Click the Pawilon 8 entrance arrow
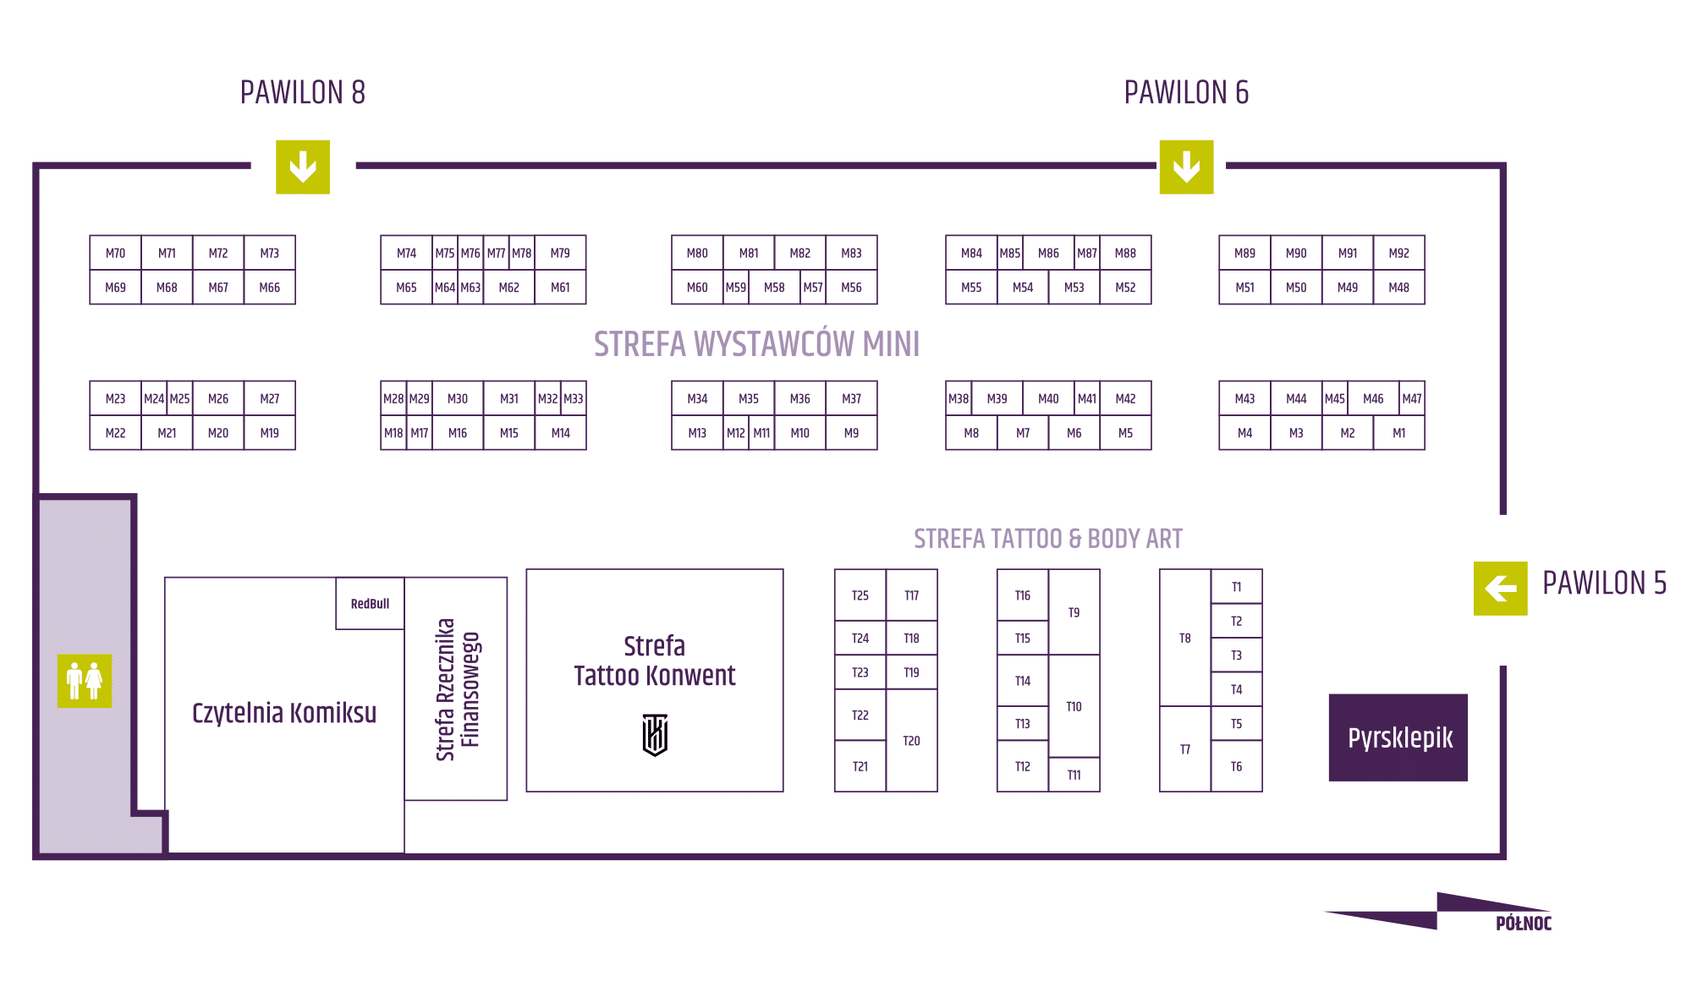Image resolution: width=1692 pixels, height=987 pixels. click(x=302, y=167)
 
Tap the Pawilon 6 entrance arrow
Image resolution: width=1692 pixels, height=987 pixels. click(x=1186, y=167)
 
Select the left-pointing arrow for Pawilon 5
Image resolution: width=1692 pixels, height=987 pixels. click(x=1500, y=588)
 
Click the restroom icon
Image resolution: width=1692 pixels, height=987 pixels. click(x=85, y=681)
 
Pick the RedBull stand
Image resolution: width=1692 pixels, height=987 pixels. click(x=370, y=604)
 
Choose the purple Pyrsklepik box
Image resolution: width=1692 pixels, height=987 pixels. click(x=1398, y=738)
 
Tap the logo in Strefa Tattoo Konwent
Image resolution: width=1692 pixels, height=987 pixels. click(x=655, y=734)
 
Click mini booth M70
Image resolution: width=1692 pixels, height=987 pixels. click(x=115, y=253)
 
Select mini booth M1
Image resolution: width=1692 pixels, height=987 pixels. click(x=1398, y=433)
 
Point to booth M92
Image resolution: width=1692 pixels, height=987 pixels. click(x=1398, y=253)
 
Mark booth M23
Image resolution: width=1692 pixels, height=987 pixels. click(x=115, y=398)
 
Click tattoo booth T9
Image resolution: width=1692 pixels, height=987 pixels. click(x=1074, y=612)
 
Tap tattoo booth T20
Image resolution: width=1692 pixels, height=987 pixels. click(x=911, y=741)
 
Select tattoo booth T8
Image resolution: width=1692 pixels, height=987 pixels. click(x=1184, y=639)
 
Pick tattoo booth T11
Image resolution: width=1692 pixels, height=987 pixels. click(x=1074, y=775)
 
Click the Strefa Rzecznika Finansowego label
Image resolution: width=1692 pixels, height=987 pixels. click(x=457, y=689)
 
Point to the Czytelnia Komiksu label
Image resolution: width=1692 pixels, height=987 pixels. click(x=284, y=713)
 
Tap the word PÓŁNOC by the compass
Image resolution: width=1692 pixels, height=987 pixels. click(x=1523, y=924)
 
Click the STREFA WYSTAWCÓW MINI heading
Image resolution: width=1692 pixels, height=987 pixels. click(x=756, y=344)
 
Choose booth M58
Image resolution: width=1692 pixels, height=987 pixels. click(x=774, y=288)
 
